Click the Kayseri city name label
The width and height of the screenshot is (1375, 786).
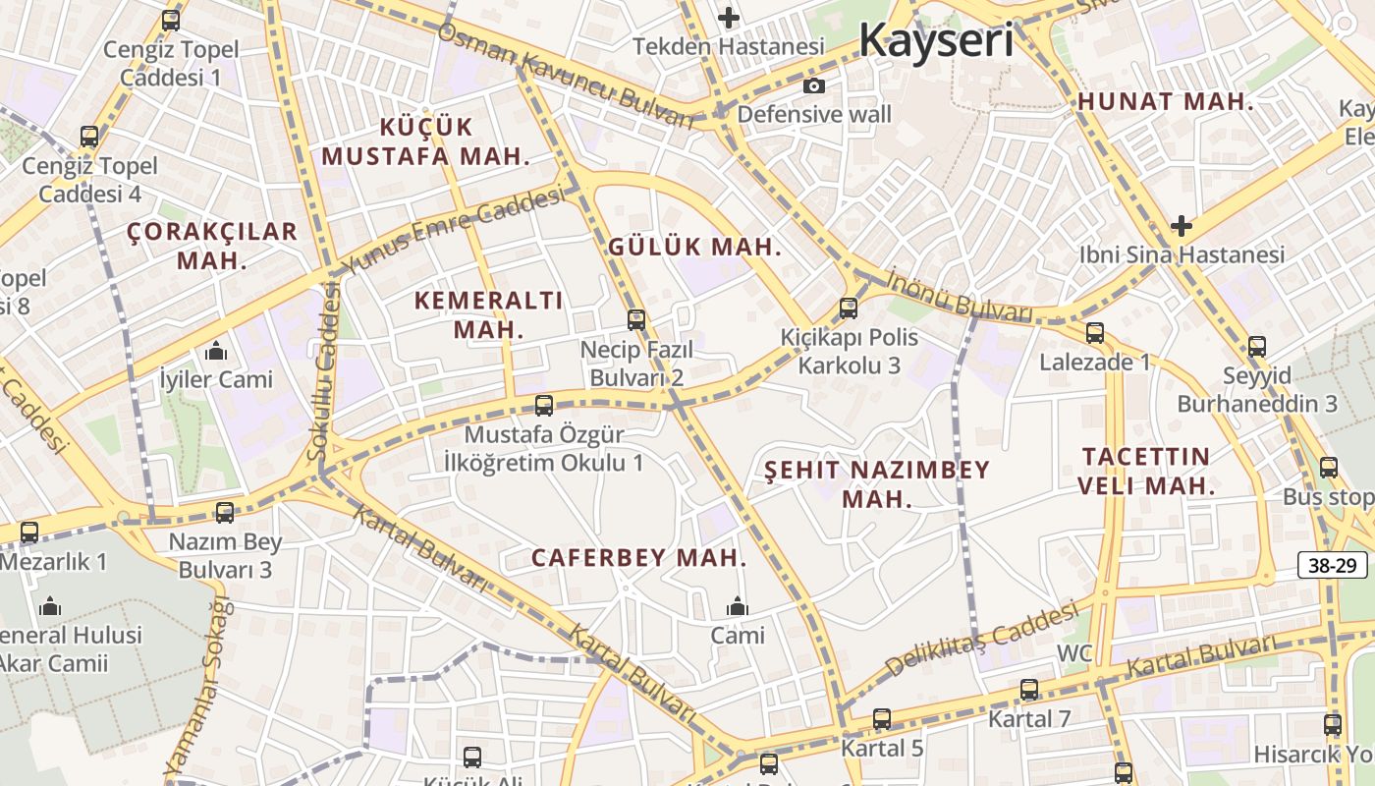tap(935, 40)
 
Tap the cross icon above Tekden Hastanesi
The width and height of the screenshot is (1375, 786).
tap(728, 18)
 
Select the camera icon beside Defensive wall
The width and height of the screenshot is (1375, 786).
tap(814, 86)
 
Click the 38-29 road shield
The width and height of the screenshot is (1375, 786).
tap(1333, 565)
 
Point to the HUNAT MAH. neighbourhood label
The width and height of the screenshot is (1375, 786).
tap(1166, 101)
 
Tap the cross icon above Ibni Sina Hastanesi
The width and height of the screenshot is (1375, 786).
tap(1181, 227)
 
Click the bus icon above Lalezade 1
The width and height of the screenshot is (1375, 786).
tap(1095, 333)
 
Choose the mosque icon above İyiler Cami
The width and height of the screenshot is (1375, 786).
tap(216, 351)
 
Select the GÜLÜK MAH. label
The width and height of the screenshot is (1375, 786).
tap(694, 247)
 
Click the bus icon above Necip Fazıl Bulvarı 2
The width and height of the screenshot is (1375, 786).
tap(636, 319)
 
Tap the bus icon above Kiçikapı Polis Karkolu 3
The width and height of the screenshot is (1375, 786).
tap(849, 308)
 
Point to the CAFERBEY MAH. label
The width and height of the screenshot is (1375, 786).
tap(639, 558)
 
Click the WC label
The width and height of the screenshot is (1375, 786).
tap(1074, 653)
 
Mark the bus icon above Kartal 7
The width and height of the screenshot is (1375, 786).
tap(1029, 690)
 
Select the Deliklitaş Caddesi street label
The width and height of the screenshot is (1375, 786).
tap(982, 642)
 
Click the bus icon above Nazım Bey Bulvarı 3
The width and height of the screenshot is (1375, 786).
tap(225, 512)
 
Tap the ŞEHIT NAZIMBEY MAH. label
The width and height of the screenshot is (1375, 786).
tap(877, 483)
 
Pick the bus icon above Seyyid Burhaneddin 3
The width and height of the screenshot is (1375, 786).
tap(1257, 346)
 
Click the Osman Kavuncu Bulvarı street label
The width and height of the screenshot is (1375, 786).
tap(566, 77)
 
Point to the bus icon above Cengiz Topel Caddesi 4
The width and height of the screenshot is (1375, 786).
tap(89, 137)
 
